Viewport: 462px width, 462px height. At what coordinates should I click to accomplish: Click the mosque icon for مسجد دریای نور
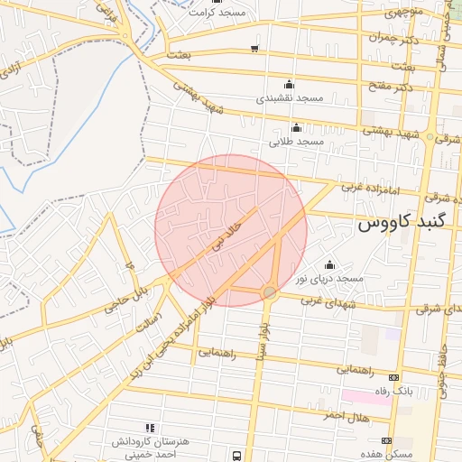[x=328, y=264]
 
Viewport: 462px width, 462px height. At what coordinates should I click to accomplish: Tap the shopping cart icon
[x=255, y=49]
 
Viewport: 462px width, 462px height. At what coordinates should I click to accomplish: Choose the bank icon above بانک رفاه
[x=393, y=377]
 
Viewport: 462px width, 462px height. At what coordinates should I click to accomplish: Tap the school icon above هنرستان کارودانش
[x=150, y=427]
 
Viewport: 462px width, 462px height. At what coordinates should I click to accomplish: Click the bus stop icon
[x=236, y=456]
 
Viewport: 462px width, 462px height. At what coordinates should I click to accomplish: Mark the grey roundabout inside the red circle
[x=270, y=292]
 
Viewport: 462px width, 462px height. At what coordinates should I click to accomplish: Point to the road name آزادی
[x=10, y=68]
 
